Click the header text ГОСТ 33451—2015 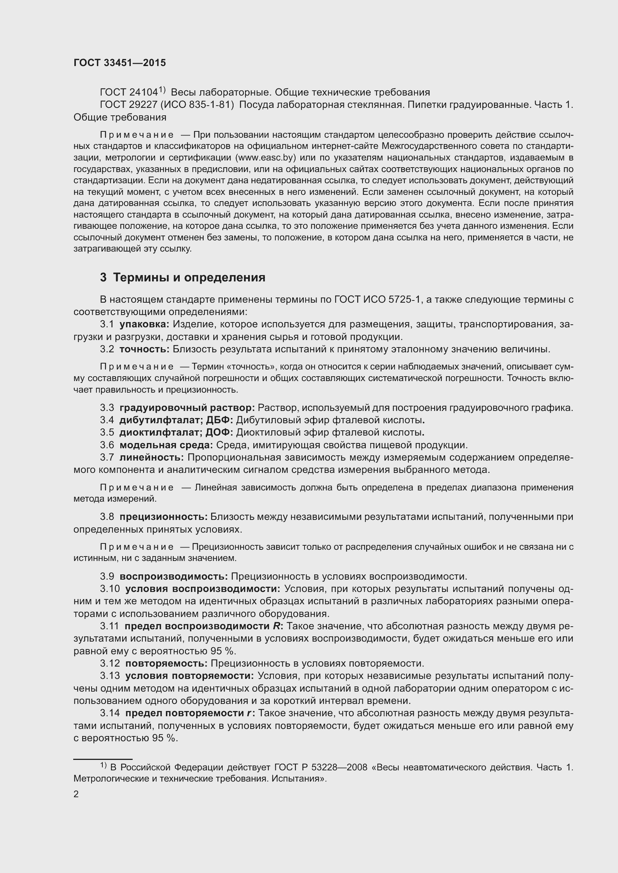[x=120, y=63]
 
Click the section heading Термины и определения [x=189, y=278]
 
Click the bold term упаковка [x=144, y=324]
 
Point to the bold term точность [x=144, y=349]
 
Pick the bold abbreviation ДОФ [x=220, y=432]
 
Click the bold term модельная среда [x=166, y=445]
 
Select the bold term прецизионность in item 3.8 [x=163, y=517]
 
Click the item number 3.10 [x=109, y=589]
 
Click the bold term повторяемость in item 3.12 [x=166, y=664]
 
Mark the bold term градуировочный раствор [x=187, y=408]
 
